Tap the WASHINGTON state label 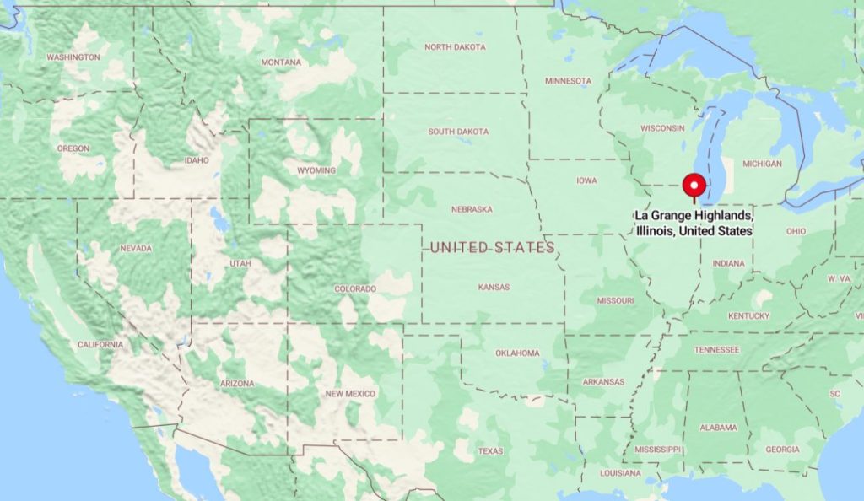point(73,57)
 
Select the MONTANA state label point(281,62)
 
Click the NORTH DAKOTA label point(456,47)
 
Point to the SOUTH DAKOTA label point(459,132)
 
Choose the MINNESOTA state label point(568,81)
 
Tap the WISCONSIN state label point(662,128)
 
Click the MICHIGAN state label point(762,164)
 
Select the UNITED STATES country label point(492,247)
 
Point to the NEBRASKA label point(471,209)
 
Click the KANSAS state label point(494,288)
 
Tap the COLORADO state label point(355,289)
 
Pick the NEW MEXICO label point(350,394)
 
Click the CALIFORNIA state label point(100,345)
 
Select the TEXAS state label point(490,451)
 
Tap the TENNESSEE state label point(716,349)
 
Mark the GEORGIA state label point(782,450)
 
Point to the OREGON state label point(73,148)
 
